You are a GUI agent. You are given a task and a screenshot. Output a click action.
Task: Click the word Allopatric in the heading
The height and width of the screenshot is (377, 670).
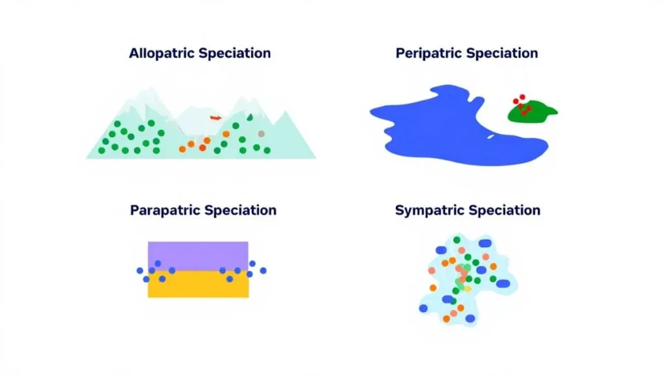point(161,54)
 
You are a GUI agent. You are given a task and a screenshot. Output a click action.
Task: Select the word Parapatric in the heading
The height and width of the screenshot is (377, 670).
point(165,211)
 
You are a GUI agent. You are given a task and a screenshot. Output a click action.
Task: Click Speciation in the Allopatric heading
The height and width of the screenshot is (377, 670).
point(234,54)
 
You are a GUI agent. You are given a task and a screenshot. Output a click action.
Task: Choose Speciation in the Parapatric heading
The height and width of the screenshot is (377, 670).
point(240,211)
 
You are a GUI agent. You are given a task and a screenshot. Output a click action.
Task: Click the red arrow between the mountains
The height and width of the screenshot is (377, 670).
point(216,118)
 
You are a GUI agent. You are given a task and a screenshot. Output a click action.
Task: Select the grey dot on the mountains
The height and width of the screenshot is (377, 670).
point(262,134)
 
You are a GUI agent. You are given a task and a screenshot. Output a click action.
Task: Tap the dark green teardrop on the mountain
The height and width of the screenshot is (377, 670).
point(249,117)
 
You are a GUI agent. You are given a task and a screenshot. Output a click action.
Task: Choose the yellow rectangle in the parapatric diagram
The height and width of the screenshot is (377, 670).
point(198,287)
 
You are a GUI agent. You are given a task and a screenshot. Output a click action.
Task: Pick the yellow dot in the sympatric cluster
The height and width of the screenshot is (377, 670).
point(468,289)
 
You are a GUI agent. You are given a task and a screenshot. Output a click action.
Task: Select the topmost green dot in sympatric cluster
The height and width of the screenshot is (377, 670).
point(457,240)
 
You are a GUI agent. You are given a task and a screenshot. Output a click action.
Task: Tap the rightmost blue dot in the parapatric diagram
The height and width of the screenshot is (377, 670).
point(263,270)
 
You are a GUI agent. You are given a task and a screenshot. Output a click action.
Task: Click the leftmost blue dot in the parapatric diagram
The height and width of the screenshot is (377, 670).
point(139,270)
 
